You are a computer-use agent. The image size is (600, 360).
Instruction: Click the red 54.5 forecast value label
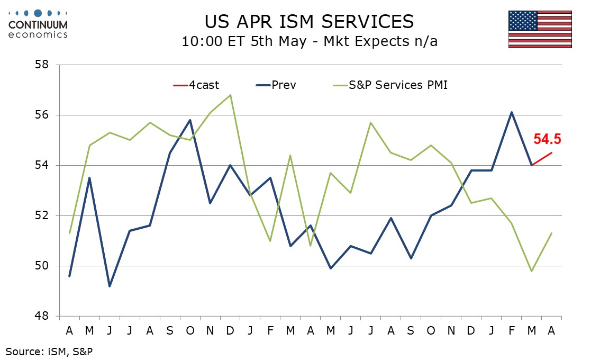[547, 139]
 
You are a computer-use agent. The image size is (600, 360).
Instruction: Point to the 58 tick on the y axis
[42, 65]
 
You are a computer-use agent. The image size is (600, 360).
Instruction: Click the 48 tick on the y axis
[42, 316]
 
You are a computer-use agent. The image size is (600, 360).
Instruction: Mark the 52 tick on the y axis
[42, 215]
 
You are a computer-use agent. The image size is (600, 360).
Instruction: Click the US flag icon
[540, 29]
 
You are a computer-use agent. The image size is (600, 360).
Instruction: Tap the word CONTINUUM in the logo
[38, 24]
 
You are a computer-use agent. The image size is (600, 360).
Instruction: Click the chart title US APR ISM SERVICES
[310, 21]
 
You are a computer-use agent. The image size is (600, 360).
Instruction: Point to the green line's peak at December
[230, 95]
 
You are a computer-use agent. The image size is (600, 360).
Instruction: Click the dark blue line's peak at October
[189, 120]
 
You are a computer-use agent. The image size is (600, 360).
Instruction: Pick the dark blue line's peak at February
[512, 112]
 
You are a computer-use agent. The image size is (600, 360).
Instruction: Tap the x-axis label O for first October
[189, 330]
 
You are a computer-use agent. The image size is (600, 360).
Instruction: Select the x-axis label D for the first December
[230, 330]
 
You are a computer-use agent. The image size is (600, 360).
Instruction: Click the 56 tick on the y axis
[42, 115]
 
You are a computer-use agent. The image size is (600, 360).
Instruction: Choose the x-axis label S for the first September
[169, 330]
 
